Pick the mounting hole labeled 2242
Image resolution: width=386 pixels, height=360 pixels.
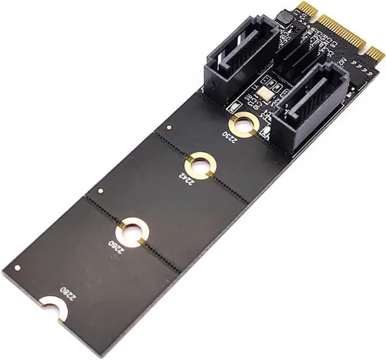pyautogui.click(x=200, y=166)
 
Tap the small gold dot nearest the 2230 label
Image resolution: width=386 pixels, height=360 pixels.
pyautogui.click(x=171, y=128)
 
